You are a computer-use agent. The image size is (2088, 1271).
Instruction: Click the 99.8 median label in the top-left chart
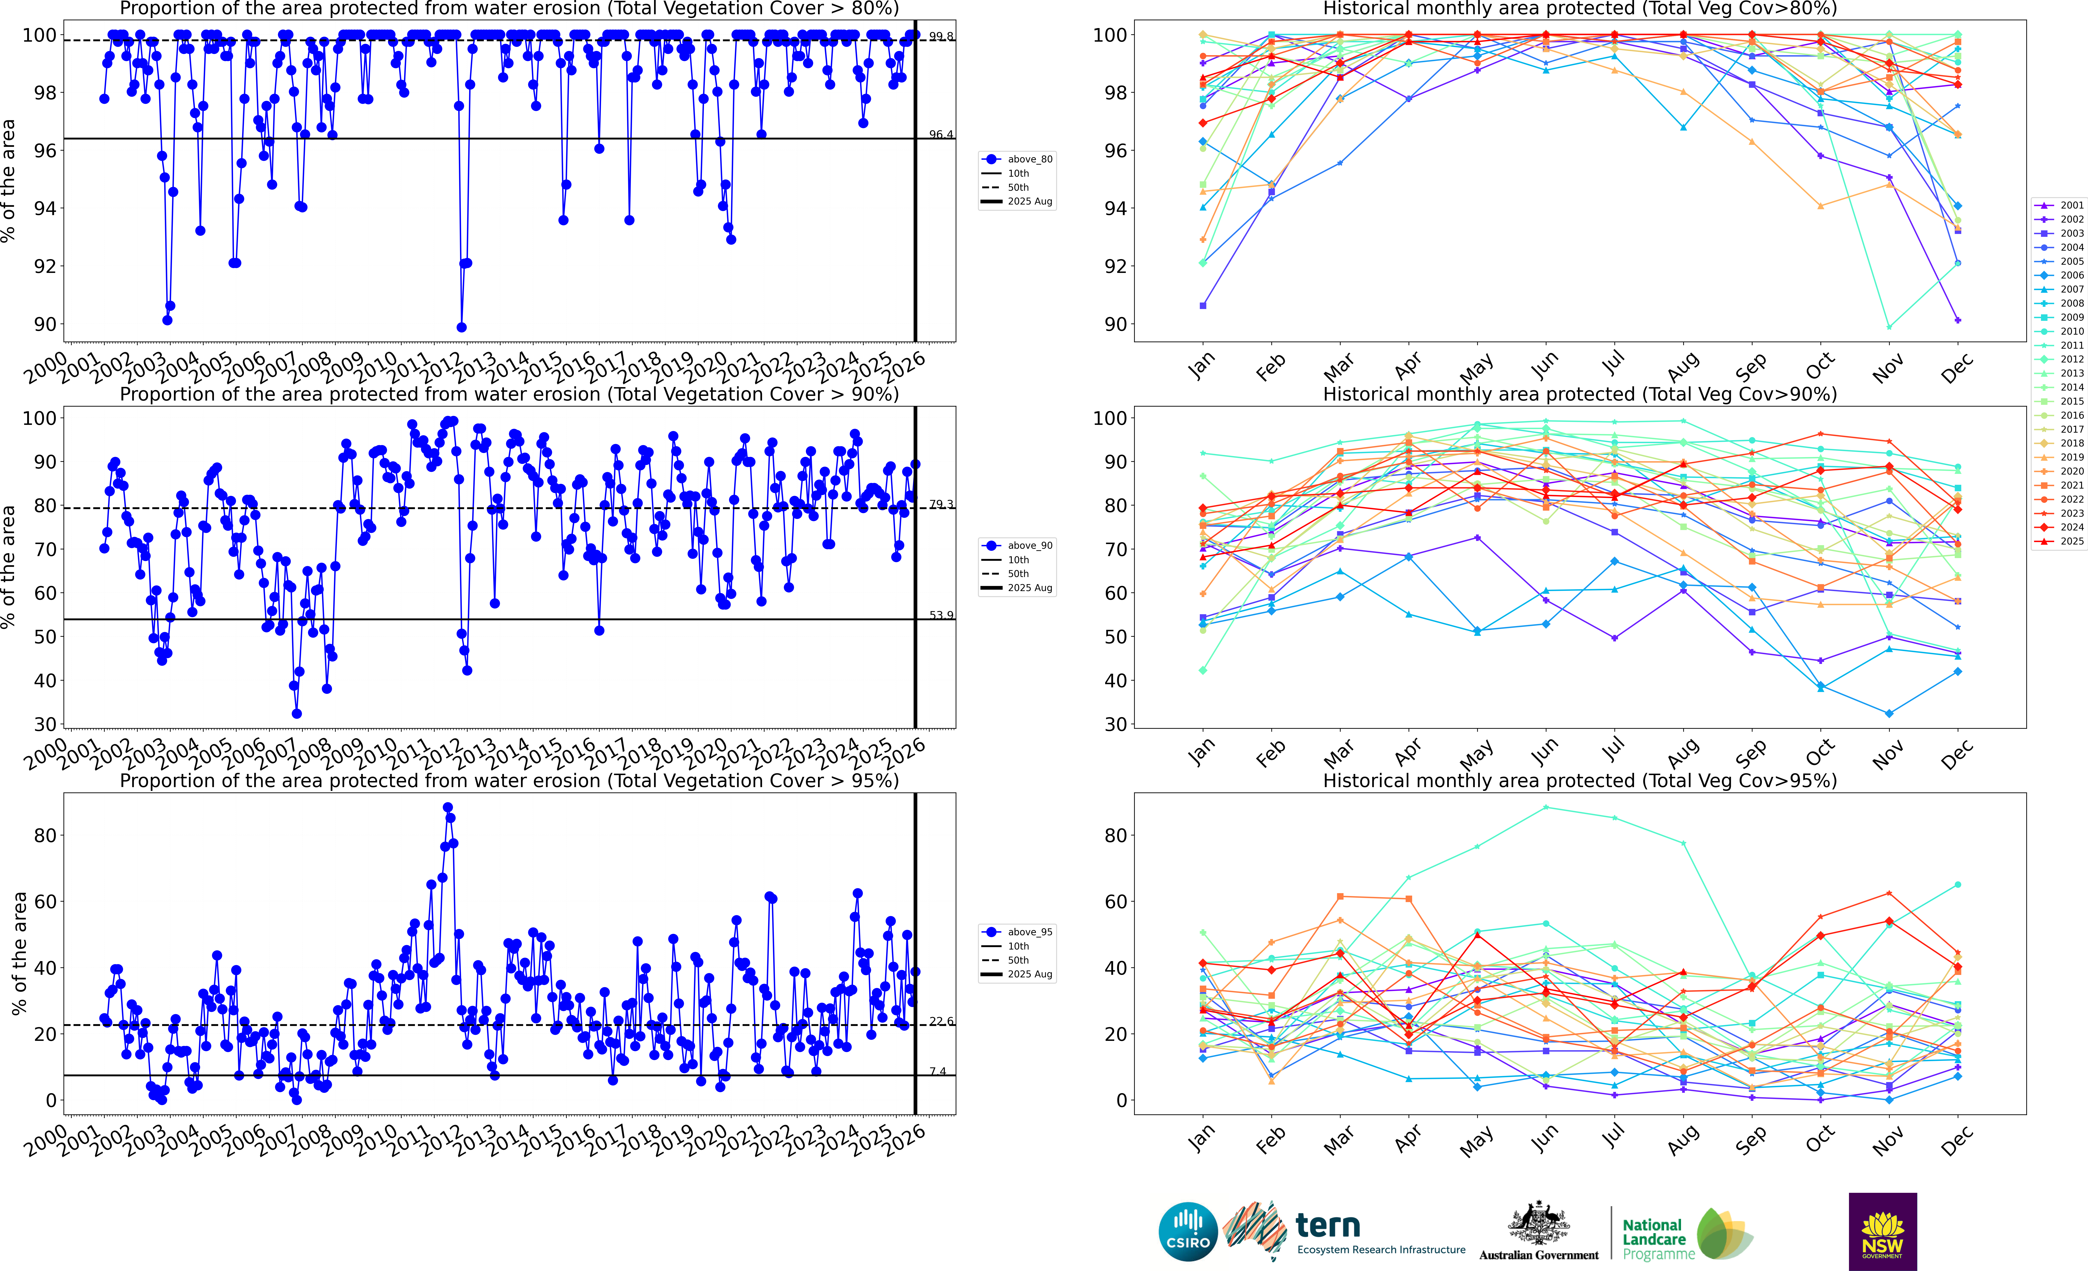pos(941,37)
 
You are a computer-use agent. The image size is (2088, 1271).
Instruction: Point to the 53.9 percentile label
pos(941,615)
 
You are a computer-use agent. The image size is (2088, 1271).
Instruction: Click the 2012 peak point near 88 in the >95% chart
pos(447,808)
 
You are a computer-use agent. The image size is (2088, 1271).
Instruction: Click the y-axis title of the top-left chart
pos(8,180)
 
